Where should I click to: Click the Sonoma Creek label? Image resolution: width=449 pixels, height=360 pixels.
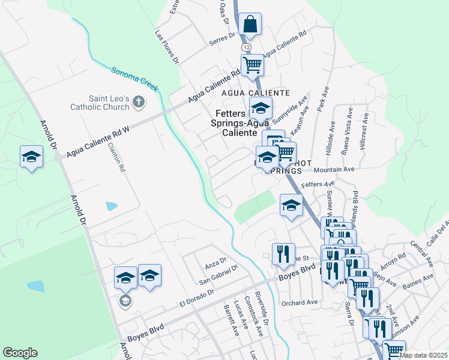point(134,79)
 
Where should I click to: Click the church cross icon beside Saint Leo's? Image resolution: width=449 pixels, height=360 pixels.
point(139,101)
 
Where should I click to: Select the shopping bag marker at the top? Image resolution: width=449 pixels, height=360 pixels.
point(250,25)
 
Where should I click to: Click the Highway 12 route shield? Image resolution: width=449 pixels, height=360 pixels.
point(246,47)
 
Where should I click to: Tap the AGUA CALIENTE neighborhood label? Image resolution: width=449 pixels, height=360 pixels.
point(256,93)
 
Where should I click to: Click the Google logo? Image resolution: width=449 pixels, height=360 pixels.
point(20,353)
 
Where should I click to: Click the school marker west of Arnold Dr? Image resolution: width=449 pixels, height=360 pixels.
point(31,157)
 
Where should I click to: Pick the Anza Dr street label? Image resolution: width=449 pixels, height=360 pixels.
point(215,262)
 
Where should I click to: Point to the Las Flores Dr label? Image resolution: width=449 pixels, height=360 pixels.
point(167,47)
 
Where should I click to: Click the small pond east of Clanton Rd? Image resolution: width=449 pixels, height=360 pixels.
point(112,206)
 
